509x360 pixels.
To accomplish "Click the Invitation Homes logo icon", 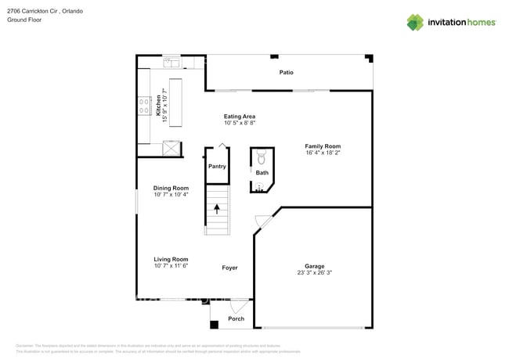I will pyautogui.click(x=415, y=22).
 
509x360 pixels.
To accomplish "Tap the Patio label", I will pyautogui.click(x=287, y=73).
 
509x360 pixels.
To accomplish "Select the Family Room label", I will pyautogui.click(x=323, y=146).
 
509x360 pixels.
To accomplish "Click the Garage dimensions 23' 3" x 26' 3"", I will pyautogui.click(x=314, y=273).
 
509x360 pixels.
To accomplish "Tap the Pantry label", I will pyautogui.click(x=217, y=166).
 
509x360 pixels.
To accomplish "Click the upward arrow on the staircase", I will pyautogui.click(x=217, y=209).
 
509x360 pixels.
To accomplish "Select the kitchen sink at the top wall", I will pyautogui.click(x=171, y=62).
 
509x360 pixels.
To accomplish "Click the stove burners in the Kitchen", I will pyautogui.click(x=145, y=106).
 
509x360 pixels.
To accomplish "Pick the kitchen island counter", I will pyautogui.click(x=175, y=102).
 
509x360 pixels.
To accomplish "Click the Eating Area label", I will pyautogui.click(x=240, y=116).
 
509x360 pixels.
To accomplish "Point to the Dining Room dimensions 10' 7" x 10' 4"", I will pyautogui.click(x=171, y=194).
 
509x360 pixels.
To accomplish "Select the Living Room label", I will pyautogui.click(x=171, y=259).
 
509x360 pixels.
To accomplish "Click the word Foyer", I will pyautogui.click(x=229, y=268).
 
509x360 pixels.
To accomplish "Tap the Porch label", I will pyautogui.click(x=236, y=319).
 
